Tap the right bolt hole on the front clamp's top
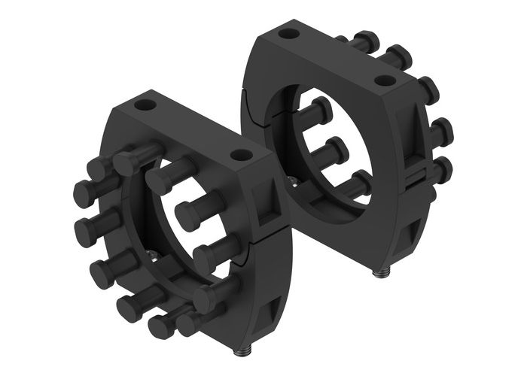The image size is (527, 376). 241,156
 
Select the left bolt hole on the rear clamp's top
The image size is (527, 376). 286,33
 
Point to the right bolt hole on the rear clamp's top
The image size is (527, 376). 385,80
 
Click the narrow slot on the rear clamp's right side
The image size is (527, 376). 415,177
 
